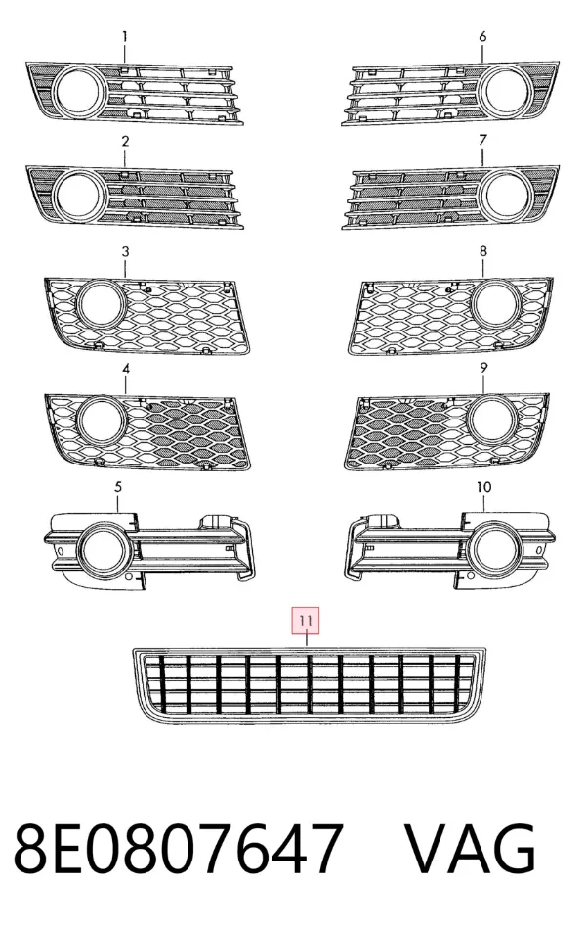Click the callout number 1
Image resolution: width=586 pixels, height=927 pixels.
pyautogui.click(x=125, y=36)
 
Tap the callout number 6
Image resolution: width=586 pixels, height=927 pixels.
pyautogui.click(x=482, y=36)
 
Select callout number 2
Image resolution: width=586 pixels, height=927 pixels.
pyautogui.click(x=125, y=141)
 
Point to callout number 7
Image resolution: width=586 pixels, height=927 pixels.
pyautogui.click(x=483, y=140)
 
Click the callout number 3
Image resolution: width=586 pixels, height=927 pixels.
pyautogui.click(x=125, y=252)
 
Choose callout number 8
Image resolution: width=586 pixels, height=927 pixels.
pyautogui.click(x=483, y=251)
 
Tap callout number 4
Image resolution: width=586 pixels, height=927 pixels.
pyautogui.click(x=126, y=369)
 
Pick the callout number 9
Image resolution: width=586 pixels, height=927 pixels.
pyautogui.click(x=483, y=368)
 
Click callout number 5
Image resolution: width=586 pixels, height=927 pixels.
pyautogui.click(x=118, y=487)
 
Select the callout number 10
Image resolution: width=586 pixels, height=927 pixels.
pyautogui.click(x=483, y=487)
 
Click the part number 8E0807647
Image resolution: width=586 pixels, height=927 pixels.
pyautogui.click(x=179, y=849)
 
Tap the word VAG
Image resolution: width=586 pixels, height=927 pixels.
pyautogui.click(x=470, y=849)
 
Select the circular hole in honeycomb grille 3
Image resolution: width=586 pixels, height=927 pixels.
pyautogui.click(x=101, y=305)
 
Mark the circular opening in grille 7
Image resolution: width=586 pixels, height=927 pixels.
pyautogui.click(x=506, y=194)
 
